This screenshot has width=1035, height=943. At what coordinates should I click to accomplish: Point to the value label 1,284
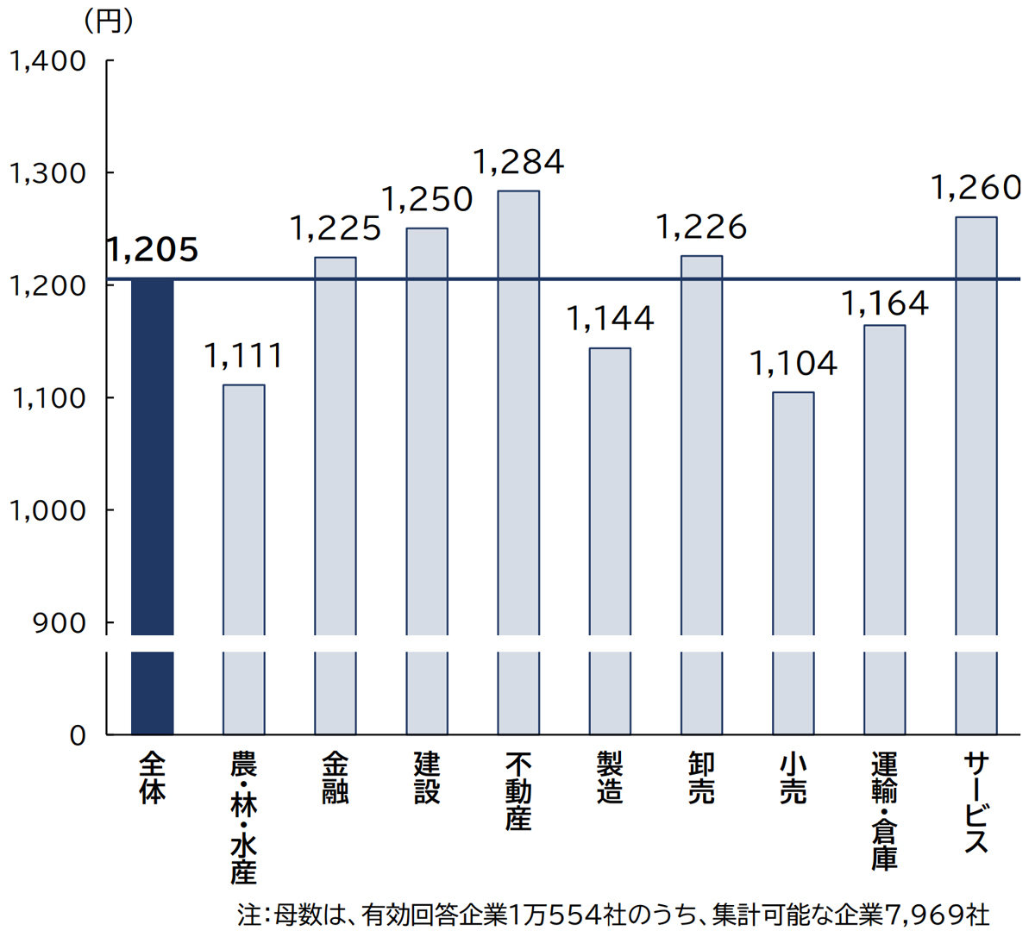click(518, 162)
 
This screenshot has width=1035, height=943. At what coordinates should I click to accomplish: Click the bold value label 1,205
click(153, 250)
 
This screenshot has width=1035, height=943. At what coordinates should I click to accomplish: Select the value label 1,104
click(793, 364)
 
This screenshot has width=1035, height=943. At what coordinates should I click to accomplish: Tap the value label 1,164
click(884, 303)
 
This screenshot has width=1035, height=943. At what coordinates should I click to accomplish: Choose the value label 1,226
click(701, 228)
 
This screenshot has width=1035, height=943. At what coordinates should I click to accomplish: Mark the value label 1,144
click(610, 319)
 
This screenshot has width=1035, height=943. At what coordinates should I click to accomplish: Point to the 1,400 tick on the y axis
click(47, 61)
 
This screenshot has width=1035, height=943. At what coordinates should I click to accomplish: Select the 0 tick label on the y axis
click(78, 735)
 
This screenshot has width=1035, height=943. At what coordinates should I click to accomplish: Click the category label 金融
click(336, 778)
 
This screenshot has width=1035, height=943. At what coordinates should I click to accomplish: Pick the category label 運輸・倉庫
click(884, 810)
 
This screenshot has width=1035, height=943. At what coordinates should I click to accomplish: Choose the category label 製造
click(610, 778)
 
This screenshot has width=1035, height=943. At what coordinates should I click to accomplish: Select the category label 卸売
click(701, 778)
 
